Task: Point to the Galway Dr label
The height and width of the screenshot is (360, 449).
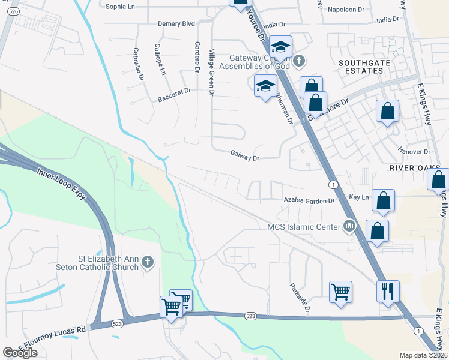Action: (244, 155)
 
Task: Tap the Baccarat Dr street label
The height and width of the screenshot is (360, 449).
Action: (174, 94)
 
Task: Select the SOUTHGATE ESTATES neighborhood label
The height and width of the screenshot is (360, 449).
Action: (360, 66)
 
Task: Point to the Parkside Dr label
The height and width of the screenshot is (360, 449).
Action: (299, 299)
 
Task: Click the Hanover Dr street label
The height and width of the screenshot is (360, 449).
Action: (415, 152)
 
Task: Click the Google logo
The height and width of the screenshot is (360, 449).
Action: (20, 352)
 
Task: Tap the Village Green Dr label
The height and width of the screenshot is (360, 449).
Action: (211, 73)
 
